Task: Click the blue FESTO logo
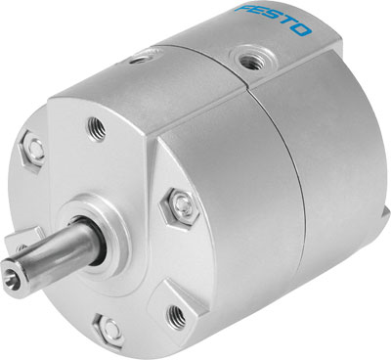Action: click(274, 21)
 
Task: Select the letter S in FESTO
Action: click(273, 20)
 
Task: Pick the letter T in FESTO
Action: click(287, 26)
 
